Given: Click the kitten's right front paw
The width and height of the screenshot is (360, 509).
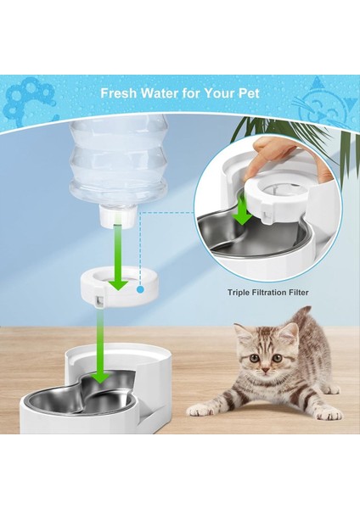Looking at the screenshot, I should [x=201, y=410].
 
